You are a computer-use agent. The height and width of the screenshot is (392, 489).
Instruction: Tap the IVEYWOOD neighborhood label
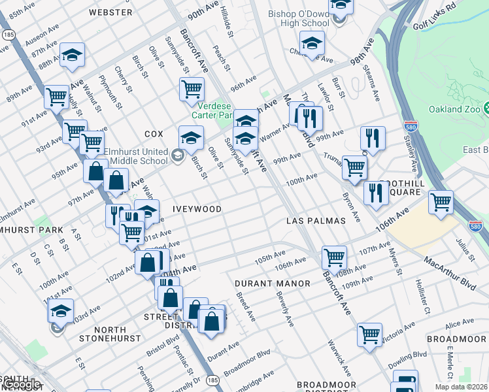pyautogui.click(x=197, y=209)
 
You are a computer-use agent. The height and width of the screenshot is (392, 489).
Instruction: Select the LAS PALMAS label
pyautogui.click(x=316, y=221)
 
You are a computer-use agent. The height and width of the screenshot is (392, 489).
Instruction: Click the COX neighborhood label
pyautogui.click(x=154, y=134)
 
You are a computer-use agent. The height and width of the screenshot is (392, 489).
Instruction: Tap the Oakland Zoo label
pyautogui.click(x=454, y=109)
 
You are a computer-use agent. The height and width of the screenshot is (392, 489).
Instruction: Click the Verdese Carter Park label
pyautogui.click(x=212, y=110)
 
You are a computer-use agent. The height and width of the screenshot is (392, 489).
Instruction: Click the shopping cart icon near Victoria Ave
pyautogui.click(x=369, y=334)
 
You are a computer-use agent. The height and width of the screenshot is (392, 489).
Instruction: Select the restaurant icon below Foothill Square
pyautogui.click(x=376, y=192)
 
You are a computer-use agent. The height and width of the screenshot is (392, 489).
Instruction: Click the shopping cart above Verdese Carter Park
pyautogui.click(x=192, y=88)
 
